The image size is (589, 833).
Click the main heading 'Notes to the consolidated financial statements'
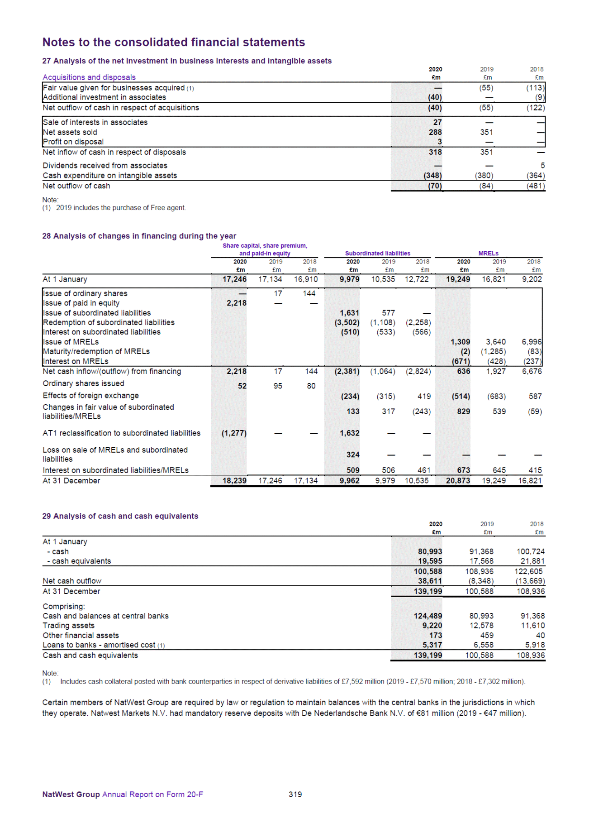174,42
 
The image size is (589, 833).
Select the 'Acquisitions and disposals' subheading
89,77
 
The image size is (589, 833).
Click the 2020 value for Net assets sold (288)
435,132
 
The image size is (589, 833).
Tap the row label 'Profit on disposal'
73,142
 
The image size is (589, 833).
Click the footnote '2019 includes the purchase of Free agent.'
121,208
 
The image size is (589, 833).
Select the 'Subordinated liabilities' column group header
378,254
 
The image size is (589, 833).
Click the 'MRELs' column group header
488,254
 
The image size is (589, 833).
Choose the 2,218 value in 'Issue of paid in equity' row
237,303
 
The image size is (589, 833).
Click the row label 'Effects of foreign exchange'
90,396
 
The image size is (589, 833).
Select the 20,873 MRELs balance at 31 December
458,481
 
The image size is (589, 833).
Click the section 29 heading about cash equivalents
120,516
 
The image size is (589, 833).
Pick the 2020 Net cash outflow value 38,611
430,581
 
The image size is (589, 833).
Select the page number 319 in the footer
295,795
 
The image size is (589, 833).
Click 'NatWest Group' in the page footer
71,795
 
